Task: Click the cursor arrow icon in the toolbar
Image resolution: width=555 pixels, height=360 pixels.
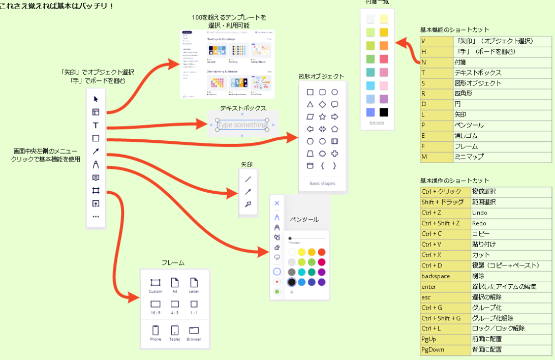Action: click(x=96, y=99)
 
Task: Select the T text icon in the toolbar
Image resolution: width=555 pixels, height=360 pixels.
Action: click(x=96, y=125)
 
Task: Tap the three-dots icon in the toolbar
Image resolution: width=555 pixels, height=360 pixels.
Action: click(x=96, y=217)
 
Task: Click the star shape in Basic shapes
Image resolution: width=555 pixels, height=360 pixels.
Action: click(x=322, y=116)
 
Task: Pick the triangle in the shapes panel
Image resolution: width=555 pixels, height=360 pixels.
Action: click(x=310, y=104)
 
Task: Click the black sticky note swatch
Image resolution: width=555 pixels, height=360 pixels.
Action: click(x=384, y=112)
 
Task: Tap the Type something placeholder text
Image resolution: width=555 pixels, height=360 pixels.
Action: click(x=242, y=125)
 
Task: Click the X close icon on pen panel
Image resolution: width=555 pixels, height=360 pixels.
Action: click(x=277, y=203)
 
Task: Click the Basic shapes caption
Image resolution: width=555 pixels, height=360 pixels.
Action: click(x=322, y=184)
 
